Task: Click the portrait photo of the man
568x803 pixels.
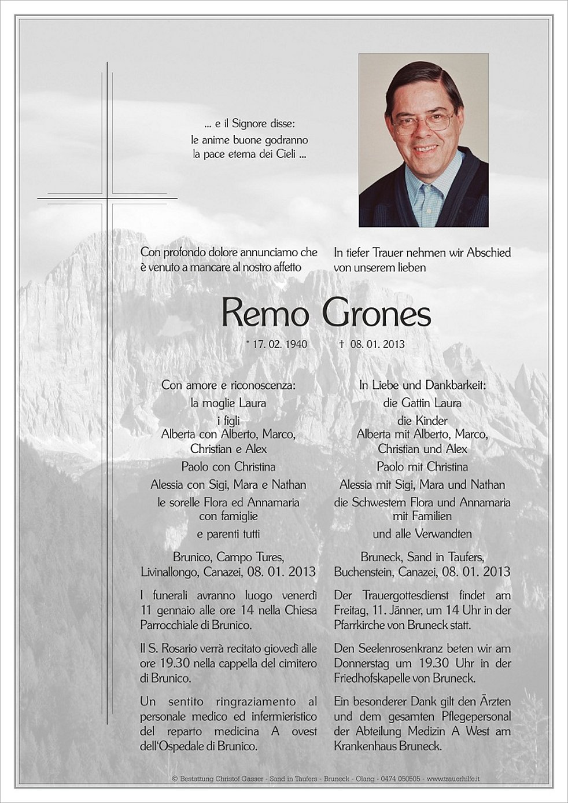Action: (423, 140)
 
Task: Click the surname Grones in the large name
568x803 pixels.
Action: (376, 314)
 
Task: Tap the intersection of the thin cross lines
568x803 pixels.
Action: (107, 198)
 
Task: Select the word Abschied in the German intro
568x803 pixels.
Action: (489, 253)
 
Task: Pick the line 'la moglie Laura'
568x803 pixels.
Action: (228, 403)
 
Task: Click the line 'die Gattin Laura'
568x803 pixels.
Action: (422, 403)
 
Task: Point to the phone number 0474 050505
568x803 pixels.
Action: (400, 779)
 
